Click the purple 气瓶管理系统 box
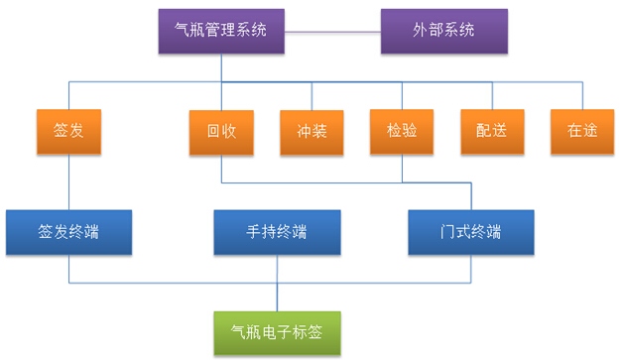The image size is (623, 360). point(221,31)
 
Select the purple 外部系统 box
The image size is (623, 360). point(443,31)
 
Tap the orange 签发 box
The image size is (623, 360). point(68,131)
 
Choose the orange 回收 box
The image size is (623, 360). point(221,131)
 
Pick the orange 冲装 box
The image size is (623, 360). point(311,131)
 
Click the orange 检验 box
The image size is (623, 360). point(401,131)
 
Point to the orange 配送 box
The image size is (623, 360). point(491,131)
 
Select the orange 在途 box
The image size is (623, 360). point(581,131)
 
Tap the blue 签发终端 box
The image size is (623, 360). point(68,233)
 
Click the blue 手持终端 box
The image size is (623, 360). point(277,233)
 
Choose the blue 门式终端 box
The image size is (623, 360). point(471,233)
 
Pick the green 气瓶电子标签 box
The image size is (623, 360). point(277,332)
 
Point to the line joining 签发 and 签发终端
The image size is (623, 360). point(68,182)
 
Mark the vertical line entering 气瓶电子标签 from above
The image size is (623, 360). point(277,296)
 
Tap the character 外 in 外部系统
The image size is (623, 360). point(422,31)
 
